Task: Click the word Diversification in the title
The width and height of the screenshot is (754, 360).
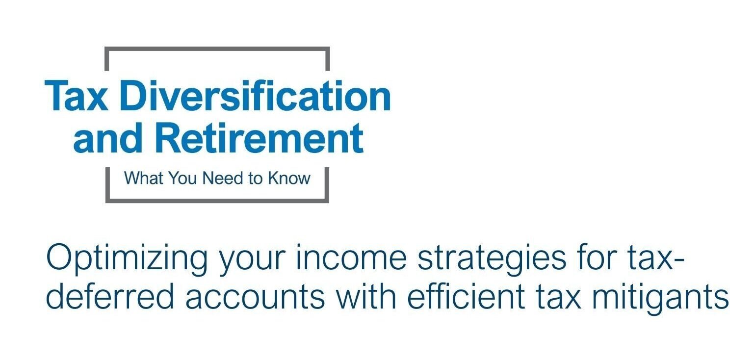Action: coord(255,96)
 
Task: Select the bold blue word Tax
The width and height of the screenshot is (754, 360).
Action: coord(77,96)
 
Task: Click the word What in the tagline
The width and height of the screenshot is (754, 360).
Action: coord(144,178)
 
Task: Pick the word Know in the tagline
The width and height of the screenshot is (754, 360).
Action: coord(289,178)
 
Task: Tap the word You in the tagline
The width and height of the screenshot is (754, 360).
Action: coord(183,178)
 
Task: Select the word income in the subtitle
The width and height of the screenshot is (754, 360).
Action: coord(351,258)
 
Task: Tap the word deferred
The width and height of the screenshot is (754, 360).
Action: coord(110,296)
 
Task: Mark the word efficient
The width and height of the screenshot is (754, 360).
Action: coord(466,296)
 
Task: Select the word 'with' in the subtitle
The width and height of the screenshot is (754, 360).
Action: coord(366,296)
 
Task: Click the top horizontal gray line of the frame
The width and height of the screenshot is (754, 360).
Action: coord(217,49)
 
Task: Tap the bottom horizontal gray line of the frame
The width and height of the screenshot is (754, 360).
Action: coord(217,201)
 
